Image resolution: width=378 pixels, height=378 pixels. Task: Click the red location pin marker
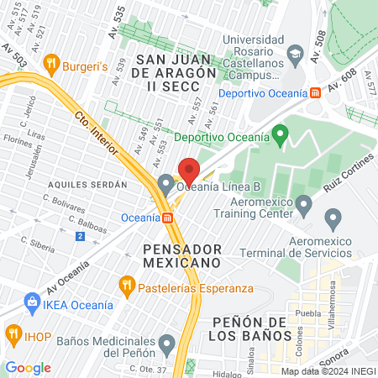pos(189,171)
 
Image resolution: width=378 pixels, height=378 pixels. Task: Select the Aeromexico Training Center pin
pos(304,204)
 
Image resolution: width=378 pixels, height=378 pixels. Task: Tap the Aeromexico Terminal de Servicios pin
pos(333,221)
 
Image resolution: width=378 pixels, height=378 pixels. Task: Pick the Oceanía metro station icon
pos(169,218)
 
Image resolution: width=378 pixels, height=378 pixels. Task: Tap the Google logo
pos(28,367)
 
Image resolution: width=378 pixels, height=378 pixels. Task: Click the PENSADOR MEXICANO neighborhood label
pos(181,256)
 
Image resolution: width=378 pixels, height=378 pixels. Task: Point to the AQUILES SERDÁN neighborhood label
pos(87,183)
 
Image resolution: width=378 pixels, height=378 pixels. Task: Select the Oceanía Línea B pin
pos(165,184)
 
